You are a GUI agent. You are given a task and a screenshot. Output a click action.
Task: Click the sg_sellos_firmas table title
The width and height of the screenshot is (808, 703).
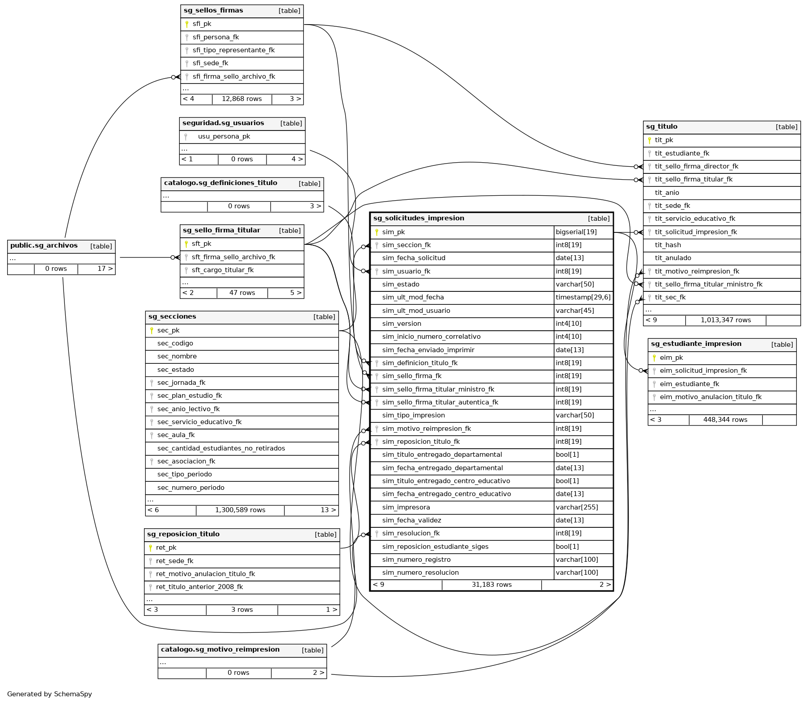213,11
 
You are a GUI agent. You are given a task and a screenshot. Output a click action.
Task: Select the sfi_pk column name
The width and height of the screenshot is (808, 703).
202,24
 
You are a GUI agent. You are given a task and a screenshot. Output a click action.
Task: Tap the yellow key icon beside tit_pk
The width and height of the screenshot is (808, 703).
649,140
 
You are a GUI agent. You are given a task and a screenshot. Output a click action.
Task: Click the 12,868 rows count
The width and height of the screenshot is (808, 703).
241,99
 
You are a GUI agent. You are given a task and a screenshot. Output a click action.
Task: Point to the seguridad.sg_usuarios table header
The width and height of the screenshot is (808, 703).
223,123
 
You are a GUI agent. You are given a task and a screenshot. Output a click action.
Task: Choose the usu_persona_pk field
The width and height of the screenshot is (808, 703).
224,137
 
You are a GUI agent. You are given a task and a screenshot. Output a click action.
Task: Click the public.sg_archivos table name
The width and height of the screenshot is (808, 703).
44,246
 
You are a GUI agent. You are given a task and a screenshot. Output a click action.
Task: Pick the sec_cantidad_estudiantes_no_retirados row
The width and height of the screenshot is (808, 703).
221,448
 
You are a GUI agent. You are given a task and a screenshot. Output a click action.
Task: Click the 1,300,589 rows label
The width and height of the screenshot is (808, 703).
240,510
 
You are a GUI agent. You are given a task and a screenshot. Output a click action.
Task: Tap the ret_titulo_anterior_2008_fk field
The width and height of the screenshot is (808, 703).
199,587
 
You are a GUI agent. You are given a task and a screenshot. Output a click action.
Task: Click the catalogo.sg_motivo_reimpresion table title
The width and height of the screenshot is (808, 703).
220,650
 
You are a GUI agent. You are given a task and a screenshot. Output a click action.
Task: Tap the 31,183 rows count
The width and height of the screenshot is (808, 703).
491,585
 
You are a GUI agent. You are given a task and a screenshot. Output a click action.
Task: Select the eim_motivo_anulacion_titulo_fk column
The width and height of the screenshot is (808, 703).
710,397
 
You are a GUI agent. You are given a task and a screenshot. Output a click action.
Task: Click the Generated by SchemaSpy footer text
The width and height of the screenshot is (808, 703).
50,694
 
